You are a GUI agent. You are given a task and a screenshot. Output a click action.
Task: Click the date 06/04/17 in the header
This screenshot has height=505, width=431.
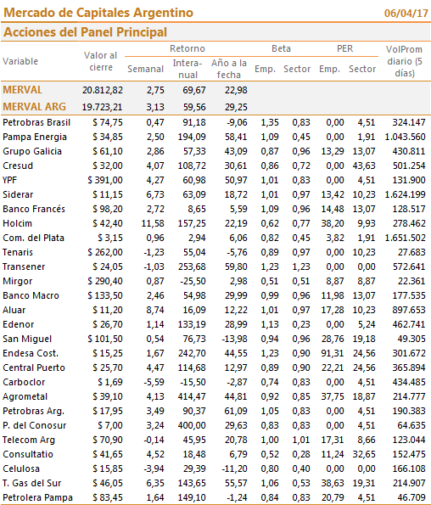point(406,14)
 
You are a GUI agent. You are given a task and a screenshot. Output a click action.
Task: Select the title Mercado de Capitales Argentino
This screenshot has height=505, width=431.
point(98,13)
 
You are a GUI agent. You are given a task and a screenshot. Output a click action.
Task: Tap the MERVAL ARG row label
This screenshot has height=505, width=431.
point(34,107)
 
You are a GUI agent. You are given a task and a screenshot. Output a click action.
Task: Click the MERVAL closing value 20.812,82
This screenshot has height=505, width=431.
point(103,90)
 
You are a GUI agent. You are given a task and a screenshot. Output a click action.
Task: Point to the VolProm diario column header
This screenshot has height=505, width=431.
point(405,61)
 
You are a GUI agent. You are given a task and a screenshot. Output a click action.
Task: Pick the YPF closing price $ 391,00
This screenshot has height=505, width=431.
point(105,180)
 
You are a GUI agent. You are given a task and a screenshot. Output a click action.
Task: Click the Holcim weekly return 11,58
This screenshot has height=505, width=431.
point(153,223)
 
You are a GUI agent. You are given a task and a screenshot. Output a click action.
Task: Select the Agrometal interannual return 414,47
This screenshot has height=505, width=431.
point(192,396)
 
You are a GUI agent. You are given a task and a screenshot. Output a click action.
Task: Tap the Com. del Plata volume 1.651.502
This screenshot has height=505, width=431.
point(406,238)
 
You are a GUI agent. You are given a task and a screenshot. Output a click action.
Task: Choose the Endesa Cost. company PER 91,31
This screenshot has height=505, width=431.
point(333,353)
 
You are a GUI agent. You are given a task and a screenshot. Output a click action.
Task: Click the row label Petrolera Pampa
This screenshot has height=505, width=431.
point(37,497)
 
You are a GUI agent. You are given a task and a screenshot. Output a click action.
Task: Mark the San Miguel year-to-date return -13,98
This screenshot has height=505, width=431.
point(235,339)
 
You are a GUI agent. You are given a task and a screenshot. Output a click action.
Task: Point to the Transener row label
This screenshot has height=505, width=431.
point(24,267)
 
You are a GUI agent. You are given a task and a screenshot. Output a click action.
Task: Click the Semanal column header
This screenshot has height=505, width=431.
point(145,69)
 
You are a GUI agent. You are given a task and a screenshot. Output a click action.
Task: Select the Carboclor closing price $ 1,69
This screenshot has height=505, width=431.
point(110,382)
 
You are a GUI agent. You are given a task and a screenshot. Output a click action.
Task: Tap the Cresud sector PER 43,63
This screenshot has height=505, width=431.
point(364,166)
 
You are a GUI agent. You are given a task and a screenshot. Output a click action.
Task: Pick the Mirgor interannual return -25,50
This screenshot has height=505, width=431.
point(193,281)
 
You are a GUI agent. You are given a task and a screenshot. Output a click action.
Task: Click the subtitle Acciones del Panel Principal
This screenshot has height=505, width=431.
point(86,32)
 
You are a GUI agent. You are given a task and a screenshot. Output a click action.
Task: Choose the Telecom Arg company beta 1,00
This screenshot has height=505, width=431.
point(270,440)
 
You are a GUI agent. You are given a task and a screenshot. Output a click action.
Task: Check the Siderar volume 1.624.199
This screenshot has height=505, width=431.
point(406,194)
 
